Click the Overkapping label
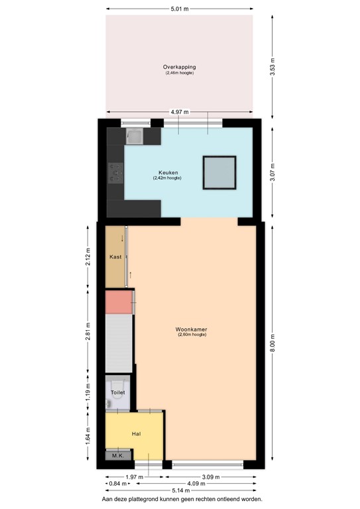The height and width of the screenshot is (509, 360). coord(179,67)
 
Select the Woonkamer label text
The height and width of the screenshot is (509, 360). coord(192,329)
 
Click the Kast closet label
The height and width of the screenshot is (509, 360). coord(115,256)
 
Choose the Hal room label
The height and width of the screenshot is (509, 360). coord(136,433)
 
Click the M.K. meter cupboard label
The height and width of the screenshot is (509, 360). coord(117,456)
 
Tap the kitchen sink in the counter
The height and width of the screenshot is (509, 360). coord(135,137)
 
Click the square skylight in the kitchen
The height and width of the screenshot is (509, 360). coord(219,172)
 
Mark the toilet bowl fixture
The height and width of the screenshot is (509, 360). coord(117,386)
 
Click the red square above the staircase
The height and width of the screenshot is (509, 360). coord(119,302)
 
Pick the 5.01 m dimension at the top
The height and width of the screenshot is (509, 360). coord(179,9)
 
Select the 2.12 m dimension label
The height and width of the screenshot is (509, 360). coord(88,256)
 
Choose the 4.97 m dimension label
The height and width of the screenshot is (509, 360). coord(179,113)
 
